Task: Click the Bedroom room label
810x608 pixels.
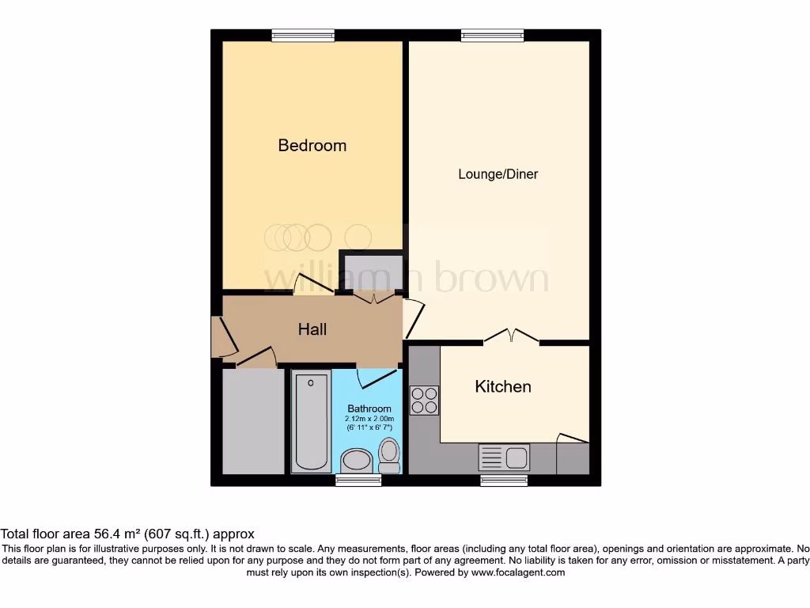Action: pos(312,146)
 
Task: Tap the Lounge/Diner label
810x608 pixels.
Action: pos(498,174)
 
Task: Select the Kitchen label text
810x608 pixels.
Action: pos(502,386)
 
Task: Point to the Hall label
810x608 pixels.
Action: pos(312,329)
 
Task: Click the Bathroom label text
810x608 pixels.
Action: pos(369,408)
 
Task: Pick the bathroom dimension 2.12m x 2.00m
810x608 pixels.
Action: pos(369,419)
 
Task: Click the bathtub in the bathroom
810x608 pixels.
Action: pos(311,423)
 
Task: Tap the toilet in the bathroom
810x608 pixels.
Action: pos(388,454)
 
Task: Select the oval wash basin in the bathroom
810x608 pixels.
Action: pos(357,461)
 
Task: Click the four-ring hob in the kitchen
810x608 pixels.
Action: pos(424,400)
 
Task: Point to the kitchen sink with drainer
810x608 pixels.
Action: pos(504,458)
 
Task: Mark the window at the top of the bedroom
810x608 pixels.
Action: pos(302,35)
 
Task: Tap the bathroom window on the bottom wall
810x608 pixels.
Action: pos(353,480)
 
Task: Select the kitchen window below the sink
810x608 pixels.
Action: pos(504,480)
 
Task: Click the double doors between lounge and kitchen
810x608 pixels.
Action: pos(511,337)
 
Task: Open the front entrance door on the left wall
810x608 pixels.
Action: pos(221,336)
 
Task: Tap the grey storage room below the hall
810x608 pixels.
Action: pos(253,421)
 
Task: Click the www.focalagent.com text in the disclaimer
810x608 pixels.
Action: pos(517,572)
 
